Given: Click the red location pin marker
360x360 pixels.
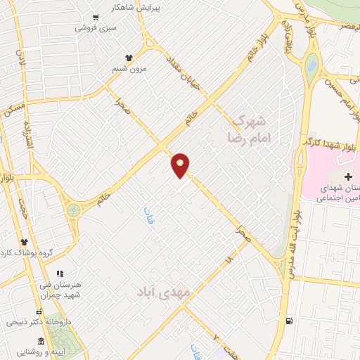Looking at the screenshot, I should [181, 165].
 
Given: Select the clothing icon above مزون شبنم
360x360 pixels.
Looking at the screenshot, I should [128, 58].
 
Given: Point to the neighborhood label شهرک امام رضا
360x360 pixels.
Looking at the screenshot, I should [251, 129].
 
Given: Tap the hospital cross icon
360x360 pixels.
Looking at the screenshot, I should [348, 175].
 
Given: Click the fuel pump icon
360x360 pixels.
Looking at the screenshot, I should [288, 322].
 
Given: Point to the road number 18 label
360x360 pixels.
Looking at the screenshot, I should [228, 259].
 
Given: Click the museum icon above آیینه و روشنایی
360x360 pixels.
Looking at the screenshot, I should [41, 341].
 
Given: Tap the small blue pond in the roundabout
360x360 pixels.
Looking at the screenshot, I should [310, 67].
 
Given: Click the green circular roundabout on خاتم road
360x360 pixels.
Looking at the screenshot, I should [73, 210].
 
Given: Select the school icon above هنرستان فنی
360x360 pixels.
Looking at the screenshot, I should [60, 273].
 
